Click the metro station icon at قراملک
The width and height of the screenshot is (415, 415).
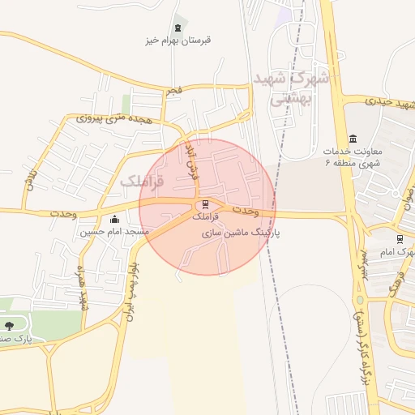click(204, 203)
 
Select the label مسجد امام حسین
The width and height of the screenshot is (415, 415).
click(114, 232)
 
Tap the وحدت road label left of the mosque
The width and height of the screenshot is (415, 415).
click(62, 212)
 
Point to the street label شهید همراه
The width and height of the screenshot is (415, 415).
click(81, 287)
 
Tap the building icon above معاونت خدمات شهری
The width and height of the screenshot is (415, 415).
click(352, 139)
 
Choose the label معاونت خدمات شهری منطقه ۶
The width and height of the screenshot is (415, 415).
click(352, 157)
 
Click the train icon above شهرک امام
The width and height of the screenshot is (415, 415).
click(400, 239)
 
